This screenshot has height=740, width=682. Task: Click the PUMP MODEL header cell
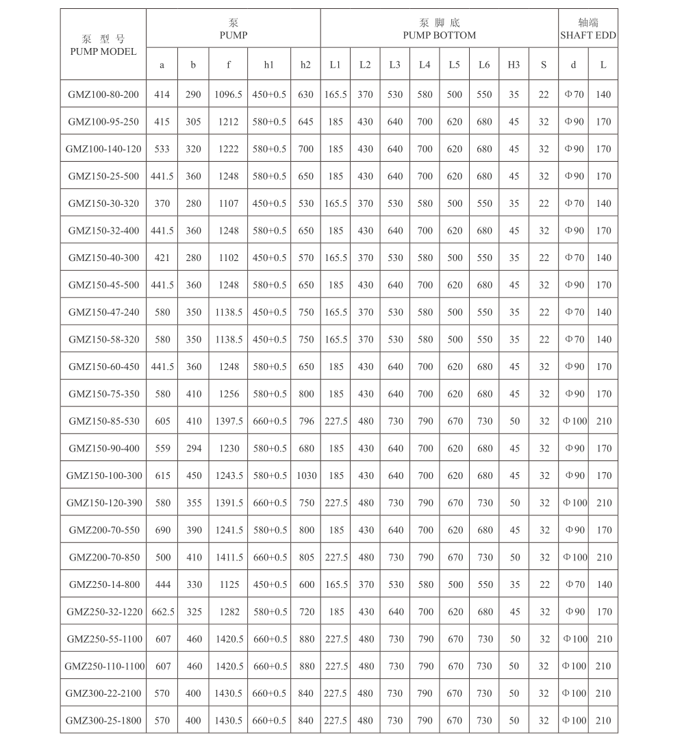click(103, 45)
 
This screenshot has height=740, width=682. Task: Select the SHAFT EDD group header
click(588, 29)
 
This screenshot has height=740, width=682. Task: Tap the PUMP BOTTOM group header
click(439, 29)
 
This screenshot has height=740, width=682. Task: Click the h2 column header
click(305, 65)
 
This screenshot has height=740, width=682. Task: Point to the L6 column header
click(484, 65)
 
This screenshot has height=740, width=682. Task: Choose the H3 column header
click(514, 65)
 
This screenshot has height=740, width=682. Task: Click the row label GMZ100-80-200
click(103, 95)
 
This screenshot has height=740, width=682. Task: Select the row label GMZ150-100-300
click(104, 476)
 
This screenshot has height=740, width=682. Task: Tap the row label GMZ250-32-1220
click(104, 612)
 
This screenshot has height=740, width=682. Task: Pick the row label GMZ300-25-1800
click(104, 721)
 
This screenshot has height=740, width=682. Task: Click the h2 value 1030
click(306, 476)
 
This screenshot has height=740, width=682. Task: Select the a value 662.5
click(162, 612)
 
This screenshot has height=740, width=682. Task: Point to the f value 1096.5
click(229, 95)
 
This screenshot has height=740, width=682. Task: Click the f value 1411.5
click(229, 557)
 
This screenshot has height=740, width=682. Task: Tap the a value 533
click(162, 149)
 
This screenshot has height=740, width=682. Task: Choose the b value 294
click(194, 448)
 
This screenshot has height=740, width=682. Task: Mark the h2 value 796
click(306, 421)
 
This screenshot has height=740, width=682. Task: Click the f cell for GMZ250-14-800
click(229, 584)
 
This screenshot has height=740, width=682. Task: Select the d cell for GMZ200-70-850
click(574, 557)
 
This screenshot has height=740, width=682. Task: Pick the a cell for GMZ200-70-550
click(162, 530)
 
